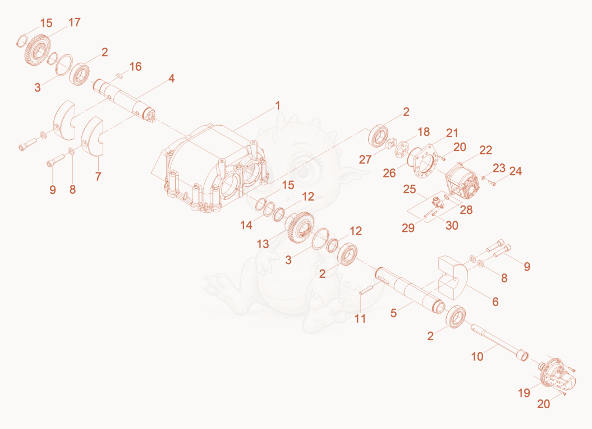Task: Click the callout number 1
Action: tap(278, 106)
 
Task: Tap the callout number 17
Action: tap(75, 22)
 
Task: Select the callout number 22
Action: tap(485, 150)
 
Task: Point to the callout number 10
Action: tap(477, 357)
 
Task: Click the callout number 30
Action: tap(452, 225)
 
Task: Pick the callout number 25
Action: tap(410, 189)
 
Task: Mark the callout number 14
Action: tap(246, 225)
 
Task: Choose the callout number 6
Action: tap(495, 302)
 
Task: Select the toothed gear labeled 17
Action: tap(36, 51)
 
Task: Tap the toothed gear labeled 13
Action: tap(300, 228)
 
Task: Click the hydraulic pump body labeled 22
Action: tap(463, 182)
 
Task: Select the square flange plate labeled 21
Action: tap(426, 161)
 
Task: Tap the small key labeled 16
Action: tap(120, 75)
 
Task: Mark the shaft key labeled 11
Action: tap(366, 289)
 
